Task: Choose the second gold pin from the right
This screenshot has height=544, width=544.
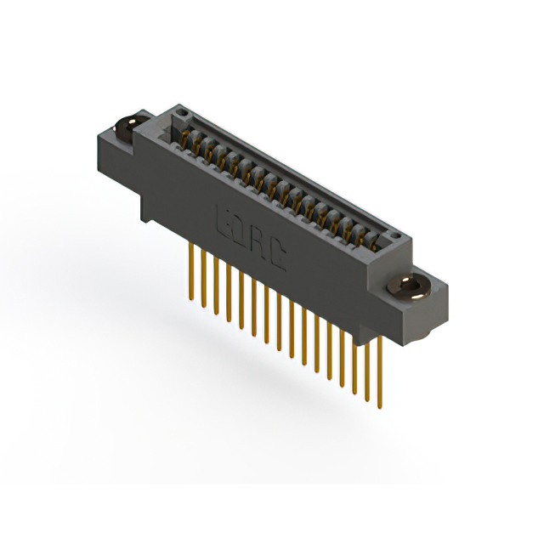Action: coord(367,365)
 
